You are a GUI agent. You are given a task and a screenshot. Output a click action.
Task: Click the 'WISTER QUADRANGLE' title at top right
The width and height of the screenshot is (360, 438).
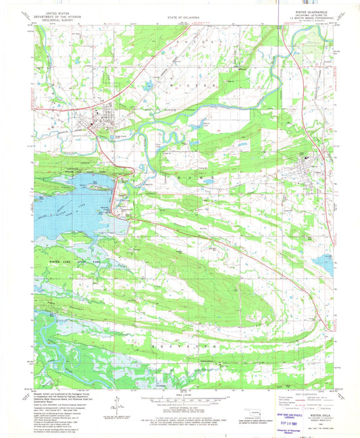[311, 11]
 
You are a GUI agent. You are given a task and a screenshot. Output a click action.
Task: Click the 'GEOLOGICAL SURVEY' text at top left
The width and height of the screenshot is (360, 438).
[53, 20]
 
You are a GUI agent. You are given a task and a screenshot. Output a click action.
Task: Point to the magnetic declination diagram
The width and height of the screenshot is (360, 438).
[118, 406]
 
